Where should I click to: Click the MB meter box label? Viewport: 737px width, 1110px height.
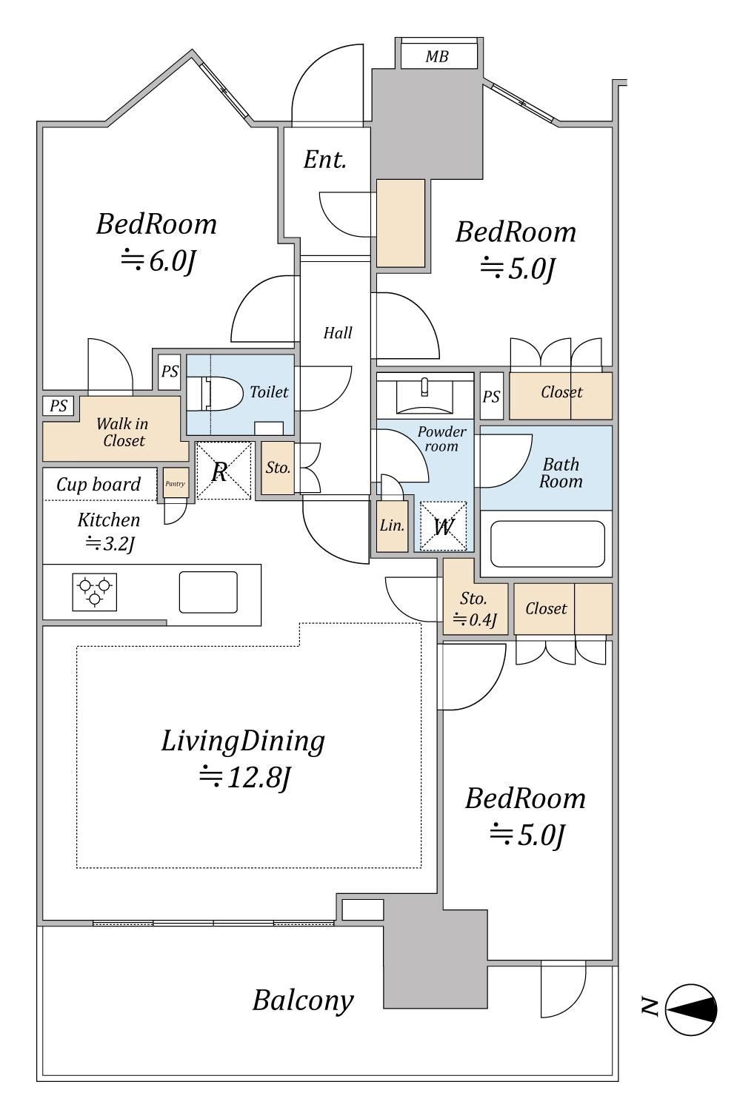[x=437, y=56]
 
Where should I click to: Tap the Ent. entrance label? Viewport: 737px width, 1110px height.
[x=325, y=160]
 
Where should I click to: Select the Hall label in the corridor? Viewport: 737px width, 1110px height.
[x=338, y=332]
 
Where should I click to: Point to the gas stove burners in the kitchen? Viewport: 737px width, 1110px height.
[x=94, y=592]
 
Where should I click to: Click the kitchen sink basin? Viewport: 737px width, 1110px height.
[x=208, y=592]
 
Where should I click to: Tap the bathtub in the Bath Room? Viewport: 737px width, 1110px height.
[x=547, y=544]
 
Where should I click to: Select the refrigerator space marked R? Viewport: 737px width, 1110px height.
[x=224, y=471]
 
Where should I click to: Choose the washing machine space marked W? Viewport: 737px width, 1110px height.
[x=444, y=526]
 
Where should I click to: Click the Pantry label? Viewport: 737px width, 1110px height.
[x=176, y=483]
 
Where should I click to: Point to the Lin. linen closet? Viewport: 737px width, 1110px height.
[x=393, y=525]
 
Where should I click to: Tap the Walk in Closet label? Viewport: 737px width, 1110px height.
[x=123, y=432]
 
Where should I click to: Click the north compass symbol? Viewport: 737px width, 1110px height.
[x=691, y=1009]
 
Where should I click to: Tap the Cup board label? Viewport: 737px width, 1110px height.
[x=99, y=485]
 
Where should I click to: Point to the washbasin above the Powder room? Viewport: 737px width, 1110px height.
[x=424, y=395]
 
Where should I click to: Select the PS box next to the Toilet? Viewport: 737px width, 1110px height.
[x=170, y=371]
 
